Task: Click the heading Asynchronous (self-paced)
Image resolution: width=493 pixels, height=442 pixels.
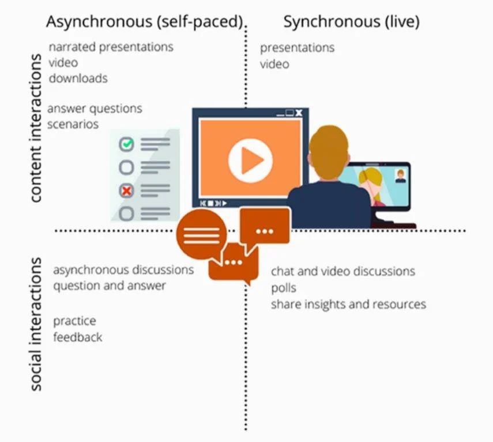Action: click(145, 22)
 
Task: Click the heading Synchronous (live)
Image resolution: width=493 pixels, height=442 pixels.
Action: click(351, 22)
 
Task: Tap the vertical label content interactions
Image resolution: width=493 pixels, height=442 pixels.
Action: click(36, 128)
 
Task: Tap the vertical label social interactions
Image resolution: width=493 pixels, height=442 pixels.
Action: click(36, 324)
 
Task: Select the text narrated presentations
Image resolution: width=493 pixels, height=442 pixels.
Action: click(111, 47)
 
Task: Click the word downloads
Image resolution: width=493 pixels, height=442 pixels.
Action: click(78, 78)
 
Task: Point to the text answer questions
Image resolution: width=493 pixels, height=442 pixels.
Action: click(95, 108)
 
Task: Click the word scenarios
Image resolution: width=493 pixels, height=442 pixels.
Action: click(73, 124)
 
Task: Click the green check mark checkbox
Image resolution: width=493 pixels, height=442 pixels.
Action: click(126, 144)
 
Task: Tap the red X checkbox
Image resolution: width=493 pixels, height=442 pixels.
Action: click(126, 190)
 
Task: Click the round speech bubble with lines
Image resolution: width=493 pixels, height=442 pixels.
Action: click(201, 234)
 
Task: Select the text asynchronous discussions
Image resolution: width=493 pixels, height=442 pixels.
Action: click(123, 269)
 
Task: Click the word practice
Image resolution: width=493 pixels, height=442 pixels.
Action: click(74, 321)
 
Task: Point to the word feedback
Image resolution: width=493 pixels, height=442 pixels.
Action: click(77, 337)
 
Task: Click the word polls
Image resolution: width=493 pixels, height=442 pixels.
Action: click(283, 287)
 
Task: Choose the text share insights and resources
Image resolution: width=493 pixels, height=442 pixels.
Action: click(348, 303)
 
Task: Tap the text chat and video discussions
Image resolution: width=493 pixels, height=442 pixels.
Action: click(343, 271)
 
